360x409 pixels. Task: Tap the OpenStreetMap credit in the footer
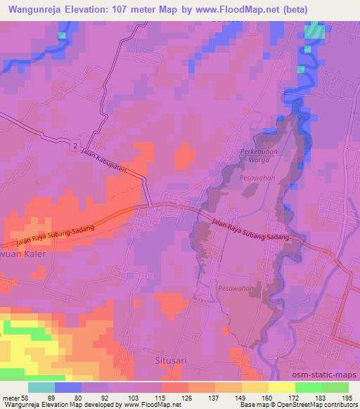(329, 405)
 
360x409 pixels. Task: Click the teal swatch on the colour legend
(41, 387)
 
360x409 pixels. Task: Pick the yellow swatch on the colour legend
(282, 387)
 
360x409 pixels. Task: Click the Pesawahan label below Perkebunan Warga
(255, 180)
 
